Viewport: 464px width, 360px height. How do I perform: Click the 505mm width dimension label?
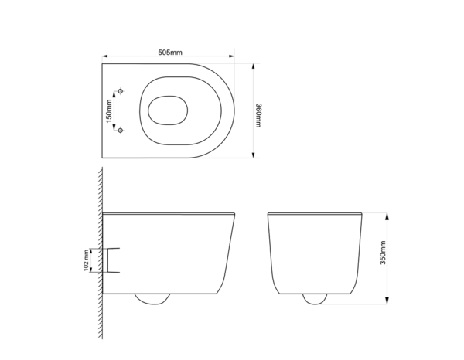[x=169, y=53]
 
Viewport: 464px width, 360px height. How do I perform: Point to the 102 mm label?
[x=86, y=260]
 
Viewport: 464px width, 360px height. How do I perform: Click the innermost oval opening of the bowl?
[x=165, y=110]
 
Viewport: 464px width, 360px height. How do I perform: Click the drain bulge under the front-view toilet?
[x=316, y=297]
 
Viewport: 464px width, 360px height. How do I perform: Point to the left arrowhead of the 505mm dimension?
[x=104, y=56]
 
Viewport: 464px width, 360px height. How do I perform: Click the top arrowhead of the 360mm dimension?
[x=253, y=66]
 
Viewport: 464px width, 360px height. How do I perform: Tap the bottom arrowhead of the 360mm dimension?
[x=253, y=155]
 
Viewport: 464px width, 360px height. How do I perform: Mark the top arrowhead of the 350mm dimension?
[x=387, y=213]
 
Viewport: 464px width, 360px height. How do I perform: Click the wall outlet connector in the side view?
[x=113, y=260]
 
